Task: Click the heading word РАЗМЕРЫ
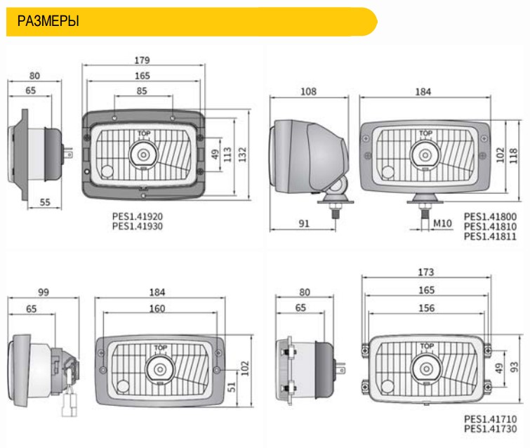click(48, 21)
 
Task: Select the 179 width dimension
click(142, 60)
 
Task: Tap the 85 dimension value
click(142, 91)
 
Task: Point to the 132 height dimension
click(243, 154)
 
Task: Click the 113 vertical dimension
click(227, 154)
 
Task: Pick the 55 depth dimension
click(45, 202)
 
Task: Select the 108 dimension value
click(308, 91)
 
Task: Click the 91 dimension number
click(304, 223)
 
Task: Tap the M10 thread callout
click(442, 223)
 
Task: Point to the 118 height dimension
click(513, 155)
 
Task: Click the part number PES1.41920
click(137, 216)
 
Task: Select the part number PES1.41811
click(490, 236)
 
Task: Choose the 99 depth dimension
click(44, 292)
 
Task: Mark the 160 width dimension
click(157, 308)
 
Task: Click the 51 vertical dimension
click(231, 387)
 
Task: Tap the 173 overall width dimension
click(426, 272)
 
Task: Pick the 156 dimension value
click(427, 308)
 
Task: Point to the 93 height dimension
click(514, 367)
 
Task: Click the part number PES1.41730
click(491, 429)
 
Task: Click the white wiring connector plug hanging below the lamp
click(69, 405)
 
